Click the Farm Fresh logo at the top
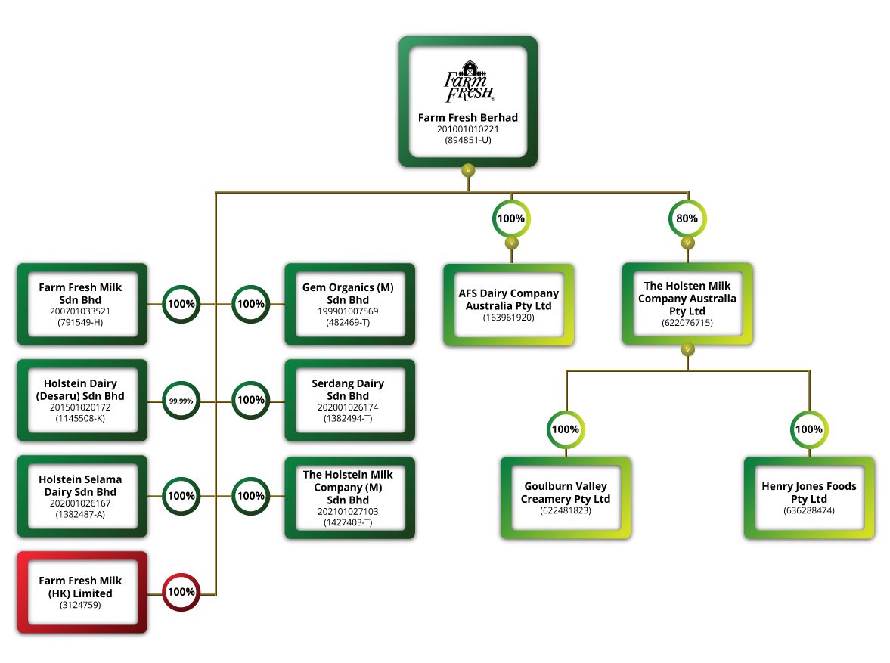pyautogui.click(x=468, y=82)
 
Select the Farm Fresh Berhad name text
pyautogui.click(x=468, y=118)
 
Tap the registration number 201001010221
pyautogui.click(x=468, y=129)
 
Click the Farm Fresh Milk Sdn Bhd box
pyautogui.click(x=82, y=304)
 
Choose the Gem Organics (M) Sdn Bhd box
pyautogui.click(x=349, y=304)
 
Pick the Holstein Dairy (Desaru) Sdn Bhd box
pyautogui.click(x=82, y=400)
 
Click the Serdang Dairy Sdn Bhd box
pyautogui.click(x=349, y=400)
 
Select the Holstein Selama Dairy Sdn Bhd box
pyautogui.click(x=82, y=496)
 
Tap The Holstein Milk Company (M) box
pyautogui.click(x=349, y=497)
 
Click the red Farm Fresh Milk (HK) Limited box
pyautogui.click(x=82, y=592)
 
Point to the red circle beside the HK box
pyautogui.click(x=181, y=592)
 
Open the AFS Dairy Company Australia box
pyautogui.click(x=508, y=305)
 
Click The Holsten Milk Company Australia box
pyautogui.click(x=687, y=304)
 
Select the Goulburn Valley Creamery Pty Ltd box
pyautogui.click(x=566, y=497)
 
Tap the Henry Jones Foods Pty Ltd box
pyautogui.click(x=809, y=497)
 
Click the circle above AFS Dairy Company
pyautogui.click(x=511, y=219)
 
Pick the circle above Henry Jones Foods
pyautogui.click(x=809, y=429)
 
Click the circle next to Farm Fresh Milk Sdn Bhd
pyautogui.click(x=181, y=304)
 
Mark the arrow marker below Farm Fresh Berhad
pyautogui.click(x=468, y=170)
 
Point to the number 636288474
pyautogui.click(x=809, y=511)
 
